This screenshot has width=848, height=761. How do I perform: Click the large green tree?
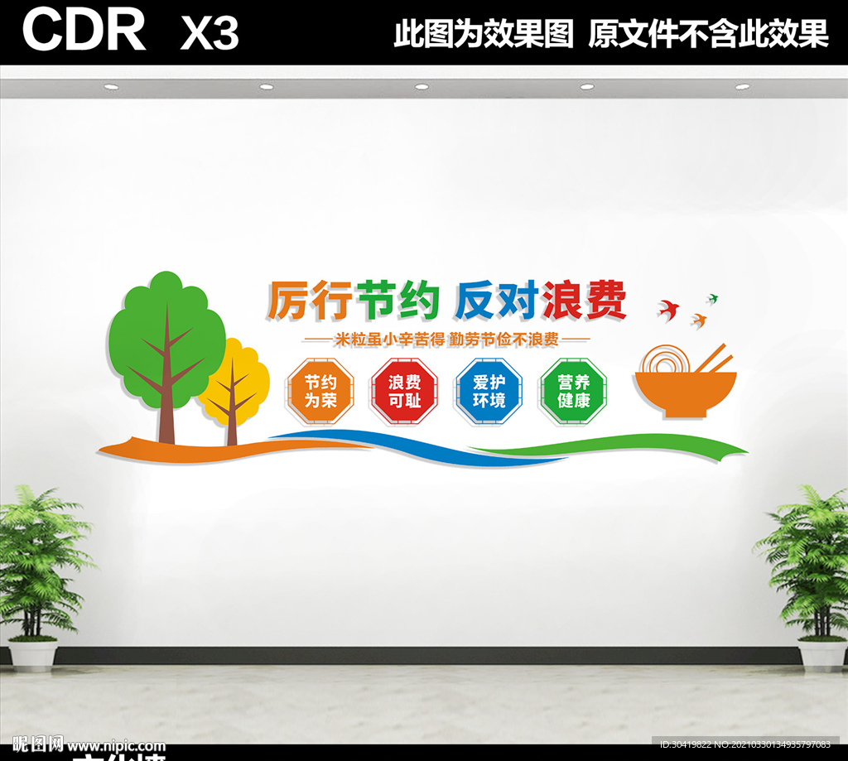pos(166,331)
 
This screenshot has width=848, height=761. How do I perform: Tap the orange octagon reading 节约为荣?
pos(320,391)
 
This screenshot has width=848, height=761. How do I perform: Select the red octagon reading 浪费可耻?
pos(404,391)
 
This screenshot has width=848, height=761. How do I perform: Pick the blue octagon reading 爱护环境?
pos(489,391)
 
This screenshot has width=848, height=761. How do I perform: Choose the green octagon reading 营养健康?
pos(573,391)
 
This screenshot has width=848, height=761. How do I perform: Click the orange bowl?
pos(686,393)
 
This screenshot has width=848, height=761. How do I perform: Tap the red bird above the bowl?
pos(668,310)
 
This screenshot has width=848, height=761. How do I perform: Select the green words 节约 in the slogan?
pos(397,300)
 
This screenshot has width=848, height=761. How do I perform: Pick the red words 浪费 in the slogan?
pos(584,300)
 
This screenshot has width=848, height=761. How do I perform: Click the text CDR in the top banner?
pos(84,31)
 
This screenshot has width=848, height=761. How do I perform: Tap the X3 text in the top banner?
pos(209,33)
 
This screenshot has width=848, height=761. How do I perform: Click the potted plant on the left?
pos(35,571)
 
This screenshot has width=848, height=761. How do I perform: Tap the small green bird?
pos(711,297)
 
